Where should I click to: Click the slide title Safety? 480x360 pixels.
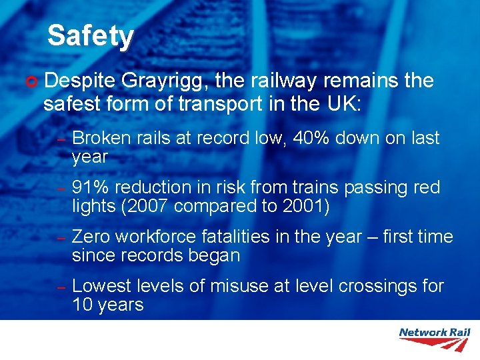pos(91,36)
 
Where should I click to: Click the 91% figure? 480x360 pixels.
pos(89,188)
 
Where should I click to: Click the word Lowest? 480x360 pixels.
pos(101,286)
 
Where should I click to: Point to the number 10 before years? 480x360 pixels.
pos(82,305)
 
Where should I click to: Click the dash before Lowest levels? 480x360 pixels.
pos(59,287)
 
